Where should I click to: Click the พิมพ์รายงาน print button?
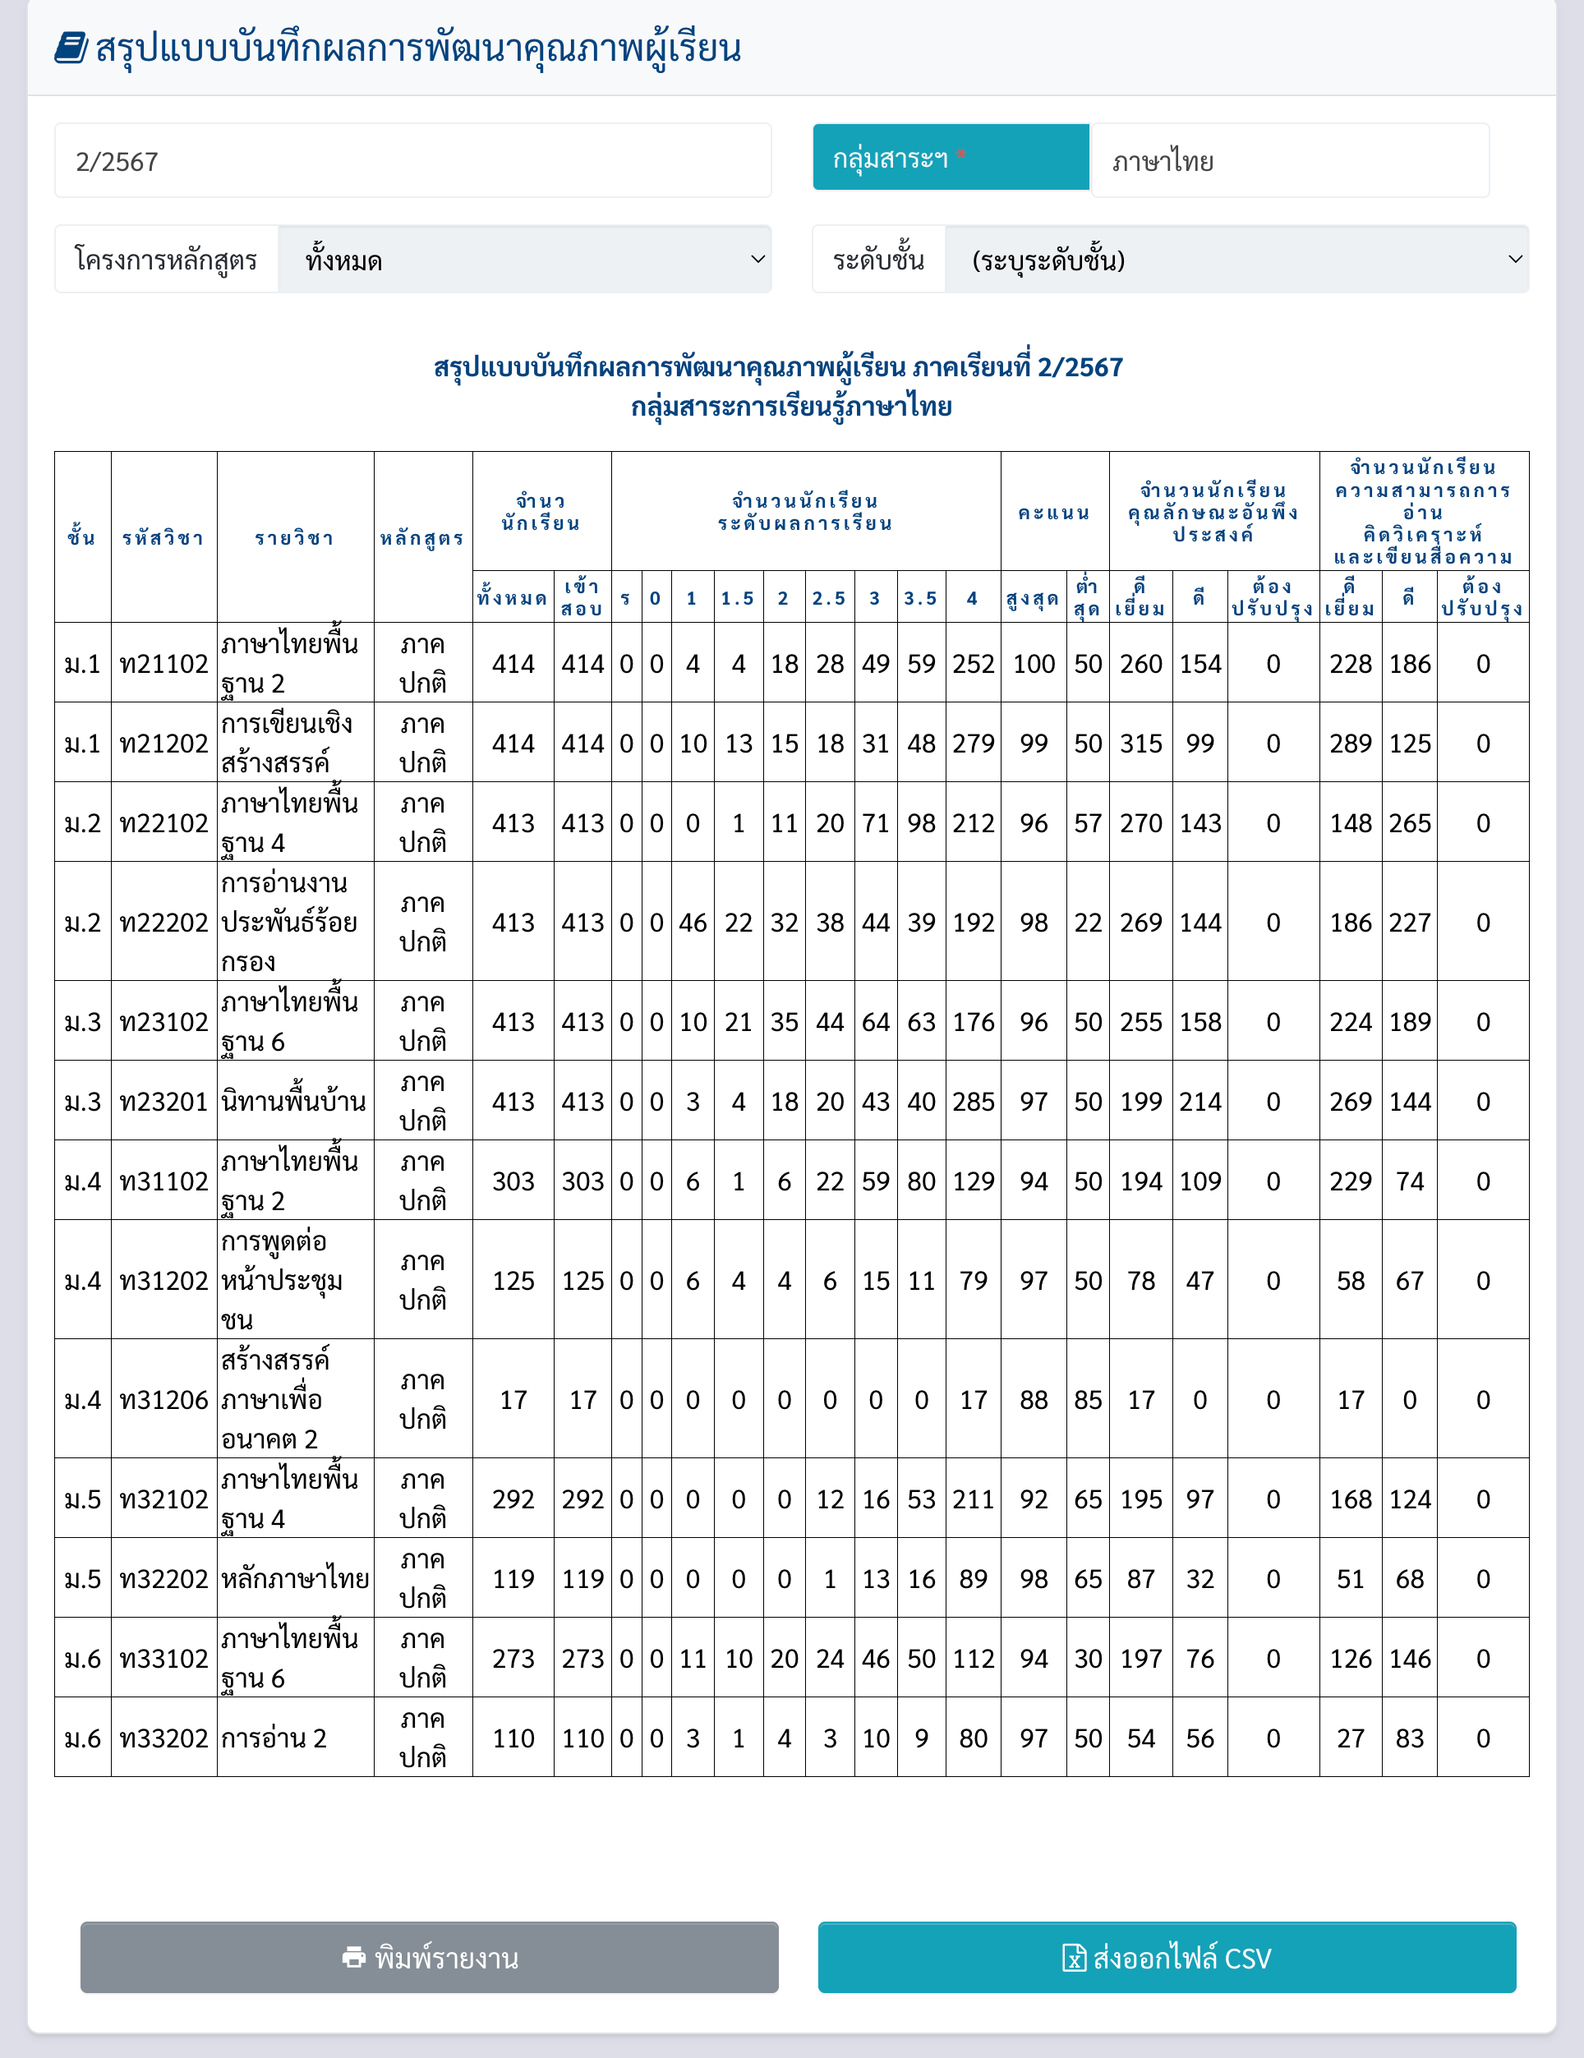pyautogui.click(x=429, y=1957)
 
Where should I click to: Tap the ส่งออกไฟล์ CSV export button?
pyautogui.click(x=1167, y=1957)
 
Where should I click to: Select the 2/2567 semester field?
pyautogui.click(x=412, y=161)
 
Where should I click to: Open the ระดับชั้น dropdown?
pyautogui.click(x=1236, y=260)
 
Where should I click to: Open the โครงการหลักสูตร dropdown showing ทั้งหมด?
pyautogui.click(x=524, y=260)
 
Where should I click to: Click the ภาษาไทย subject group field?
pyautogui.click(x=1289, y=161)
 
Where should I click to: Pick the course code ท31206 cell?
pyautogui.click(x=164, y=1399)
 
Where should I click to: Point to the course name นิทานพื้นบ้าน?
pyautogui.click(x=294, y=1101)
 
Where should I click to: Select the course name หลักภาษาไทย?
pyautogui.click(x=295, y=1578)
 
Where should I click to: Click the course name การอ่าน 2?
pyautogui.click(x=274, y=1738)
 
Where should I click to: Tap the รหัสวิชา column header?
pyautogui.click(x=164, y=538)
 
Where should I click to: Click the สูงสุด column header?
pyautogui.click(x=1033, y=598)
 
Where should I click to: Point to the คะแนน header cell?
pyautogui.click(x=1054, y=513)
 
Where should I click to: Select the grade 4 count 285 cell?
pyautogui.click(x=974, y=1102)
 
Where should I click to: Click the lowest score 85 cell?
pyautogui.click(x=1089, y=1399)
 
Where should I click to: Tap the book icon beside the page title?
pyautogui.click(x=71, y=48)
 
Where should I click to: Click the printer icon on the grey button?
pyautogui.click(x=354, y=1957)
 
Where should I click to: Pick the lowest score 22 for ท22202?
pyautogui.click(x=1089, y=923)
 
